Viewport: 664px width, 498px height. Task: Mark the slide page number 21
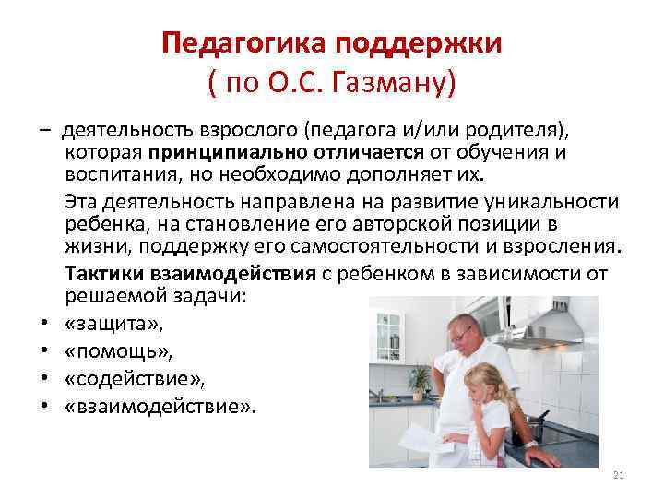(619, 476)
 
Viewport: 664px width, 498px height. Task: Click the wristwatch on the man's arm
(532, 443)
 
